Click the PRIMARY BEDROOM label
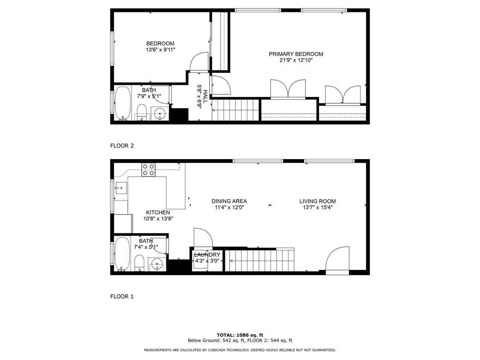296,54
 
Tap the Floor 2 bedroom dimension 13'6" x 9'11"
160,50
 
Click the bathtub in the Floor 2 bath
123,104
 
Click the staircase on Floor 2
236,110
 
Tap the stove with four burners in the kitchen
148,170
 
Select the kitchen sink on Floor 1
120,188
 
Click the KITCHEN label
158,212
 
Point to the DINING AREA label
229,201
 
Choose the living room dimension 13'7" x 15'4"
317,208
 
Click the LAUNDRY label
207,255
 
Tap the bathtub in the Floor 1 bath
122,254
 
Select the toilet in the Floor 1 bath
140,262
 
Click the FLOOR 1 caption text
122,296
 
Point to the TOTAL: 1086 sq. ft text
240,335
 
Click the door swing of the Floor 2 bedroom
198,62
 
